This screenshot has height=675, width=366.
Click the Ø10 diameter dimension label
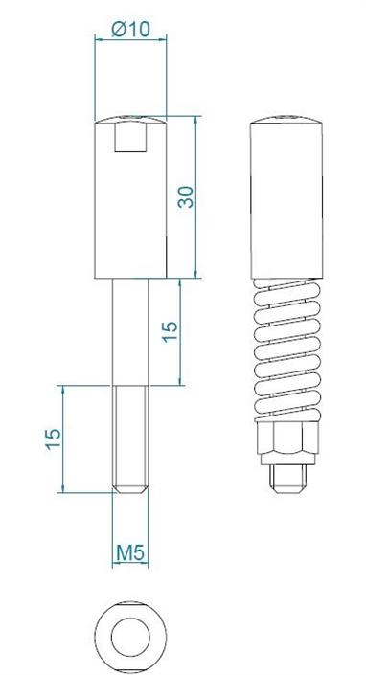pyautogui.click(x=130, y=30)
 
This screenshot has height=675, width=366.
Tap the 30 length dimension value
pyautogui.click(x=186, y=196)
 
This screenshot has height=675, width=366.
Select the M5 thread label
pyautogui.click(x=130, y=553)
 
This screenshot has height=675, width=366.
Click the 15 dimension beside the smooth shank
pyautogui.click(x=170, y=331)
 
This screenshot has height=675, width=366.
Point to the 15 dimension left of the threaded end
pyautogui.click(x=54, y=439)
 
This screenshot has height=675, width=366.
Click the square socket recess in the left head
pyautogui.click(x=130, y=137)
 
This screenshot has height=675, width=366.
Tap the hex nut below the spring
pyautogui.click(x=288, y=438)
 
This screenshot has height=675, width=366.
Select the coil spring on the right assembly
pyautogui.click(x=287, y=349)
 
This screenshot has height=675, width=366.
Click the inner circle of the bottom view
pyautogui.click(x=130, y=637)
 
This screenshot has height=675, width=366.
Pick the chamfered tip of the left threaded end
pyautogui.click(x=130, y=488)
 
